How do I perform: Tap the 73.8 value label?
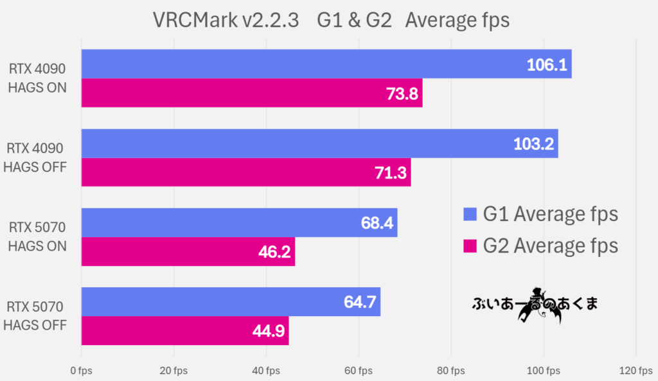point(402,94)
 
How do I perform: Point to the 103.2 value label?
point(533,144)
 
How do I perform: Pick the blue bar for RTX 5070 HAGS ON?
point(239,223)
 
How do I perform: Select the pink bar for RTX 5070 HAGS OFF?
point(185,331)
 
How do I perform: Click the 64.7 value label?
point(361,302)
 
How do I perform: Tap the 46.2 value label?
point(275,252)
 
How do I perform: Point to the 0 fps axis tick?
point(82,371)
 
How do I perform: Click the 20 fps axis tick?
point(174,371)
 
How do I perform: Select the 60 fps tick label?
point(359,371)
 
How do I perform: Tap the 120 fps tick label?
point(636,371)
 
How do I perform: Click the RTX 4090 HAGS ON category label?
point(37,78)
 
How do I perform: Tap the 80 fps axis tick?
point(451,371)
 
